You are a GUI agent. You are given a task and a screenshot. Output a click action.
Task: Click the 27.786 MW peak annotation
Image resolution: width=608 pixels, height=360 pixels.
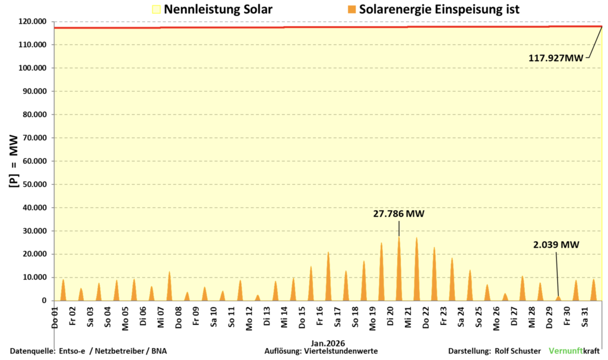click(398, 214)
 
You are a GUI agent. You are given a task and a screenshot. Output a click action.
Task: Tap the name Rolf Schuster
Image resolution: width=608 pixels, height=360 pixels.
click(517, 351)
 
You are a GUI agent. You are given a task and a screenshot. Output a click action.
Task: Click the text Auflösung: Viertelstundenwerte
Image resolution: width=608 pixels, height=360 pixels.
click(321, 351)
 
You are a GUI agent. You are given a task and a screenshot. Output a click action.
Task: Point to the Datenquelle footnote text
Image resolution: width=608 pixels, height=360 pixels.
click(88, 351)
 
